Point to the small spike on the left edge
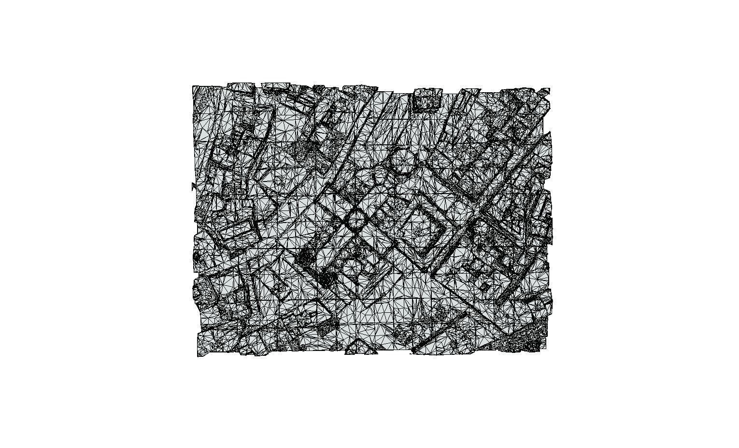coord(193,185)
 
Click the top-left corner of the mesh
coord(193,86)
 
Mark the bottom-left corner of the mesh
coord(198,356)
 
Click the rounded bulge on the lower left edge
coord(197,256)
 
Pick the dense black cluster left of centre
coord(305,258)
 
